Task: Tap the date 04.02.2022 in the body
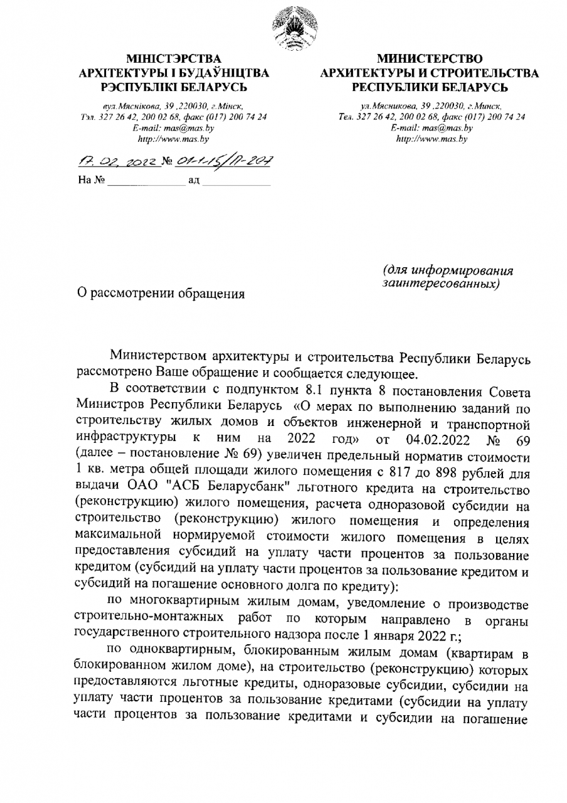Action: point(443,436)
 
